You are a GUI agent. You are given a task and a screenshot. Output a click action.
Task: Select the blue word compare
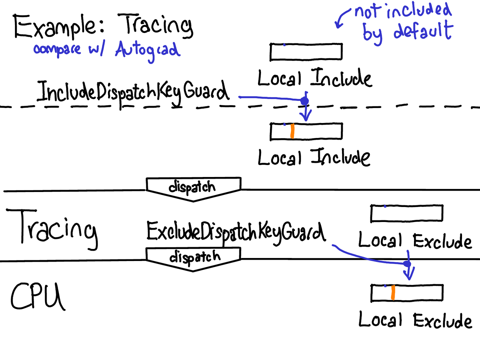tap(57, 49)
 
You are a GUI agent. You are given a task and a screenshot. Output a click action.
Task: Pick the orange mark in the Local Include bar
tap(292, 131)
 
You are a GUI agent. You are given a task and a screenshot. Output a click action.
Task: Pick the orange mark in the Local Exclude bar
tap(393, 292)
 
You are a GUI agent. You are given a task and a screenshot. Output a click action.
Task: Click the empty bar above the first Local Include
tap(306, 52)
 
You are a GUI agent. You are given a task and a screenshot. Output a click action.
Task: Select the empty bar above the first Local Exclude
tap(407, 213)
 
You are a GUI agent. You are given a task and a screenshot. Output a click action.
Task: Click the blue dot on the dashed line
tap(304, 101)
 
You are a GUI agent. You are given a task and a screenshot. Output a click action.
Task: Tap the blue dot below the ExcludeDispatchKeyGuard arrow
tap(407, 264)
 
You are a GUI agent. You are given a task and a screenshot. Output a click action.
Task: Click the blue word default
tap(423, 31)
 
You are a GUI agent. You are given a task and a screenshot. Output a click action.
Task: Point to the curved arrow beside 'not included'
tap(342, 18)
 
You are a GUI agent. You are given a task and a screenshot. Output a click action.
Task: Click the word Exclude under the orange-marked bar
tap(442, 321)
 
